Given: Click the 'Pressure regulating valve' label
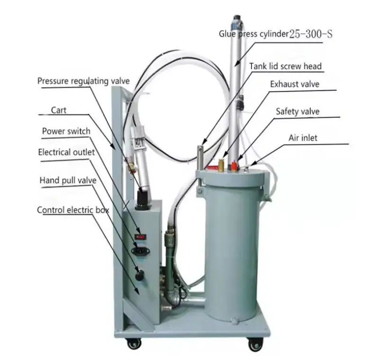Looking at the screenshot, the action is pyautogui.click(x=83, y=81).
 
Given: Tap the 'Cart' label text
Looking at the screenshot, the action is pyautogui.click(x=58, y=110).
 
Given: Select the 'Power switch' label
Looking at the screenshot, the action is pyautogui.click(x=66, y=131).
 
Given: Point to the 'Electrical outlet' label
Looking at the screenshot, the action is pyautogui.click(x=66, y=152).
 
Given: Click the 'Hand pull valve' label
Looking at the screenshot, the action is pyautogui.click(x=68, y=180).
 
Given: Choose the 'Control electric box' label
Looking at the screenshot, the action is pyautogui.click(x=73, y=210).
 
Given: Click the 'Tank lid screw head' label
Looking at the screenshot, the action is pyautogui.click(x=286, y=66).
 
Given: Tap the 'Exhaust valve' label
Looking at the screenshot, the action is pyautogui.click(x=295, y=84).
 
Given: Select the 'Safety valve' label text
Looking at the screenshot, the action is pyautogui.click(x=298, y=111).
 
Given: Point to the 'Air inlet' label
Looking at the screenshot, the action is pyautogui.click(x=303, y=138).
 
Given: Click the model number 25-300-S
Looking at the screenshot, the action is pyautogui.click(x=311, y=34).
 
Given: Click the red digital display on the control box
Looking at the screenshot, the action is pyautogui.click(x=140, y=237).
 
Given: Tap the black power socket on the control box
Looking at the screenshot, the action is pyautogui.click(x=140, y=251).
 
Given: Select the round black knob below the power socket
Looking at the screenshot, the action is pyautogui.click(x=139, y=275).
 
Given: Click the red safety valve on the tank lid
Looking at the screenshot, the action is pyautogui.click(x=234, y=166).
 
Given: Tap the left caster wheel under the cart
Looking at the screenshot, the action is pyautogui.click(x=134, y=343).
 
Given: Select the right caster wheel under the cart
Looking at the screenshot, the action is pyautogui.click(x=255, y=344).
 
